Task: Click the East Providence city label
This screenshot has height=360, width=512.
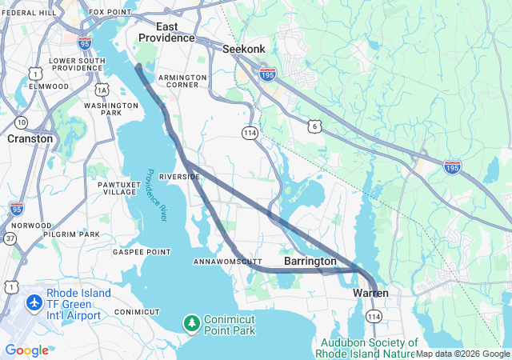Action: coord(166,32)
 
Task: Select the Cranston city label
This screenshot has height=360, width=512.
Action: coord(30,138)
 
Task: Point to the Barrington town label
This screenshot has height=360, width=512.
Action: coord(310,262)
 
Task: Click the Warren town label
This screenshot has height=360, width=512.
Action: coord(371,294)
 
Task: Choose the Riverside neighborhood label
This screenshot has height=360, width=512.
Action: coord(179,176)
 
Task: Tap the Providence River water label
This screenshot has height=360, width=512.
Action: coord(156,196)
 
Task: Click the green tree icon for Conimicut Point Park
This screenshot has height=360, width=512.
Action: coord(191,323)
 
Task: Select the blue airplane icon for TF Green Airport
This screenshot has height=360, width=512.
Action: coord(34,303)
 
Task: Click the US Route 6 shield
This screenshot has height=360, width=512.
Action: coord(315,125)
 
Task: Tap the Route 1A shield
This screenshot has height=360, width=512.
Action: coord(102,90)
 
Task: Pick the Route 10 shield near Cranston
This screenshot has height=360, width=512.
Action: coord(21,122)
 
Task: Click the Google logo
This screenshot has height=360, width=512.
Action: coord(26,350)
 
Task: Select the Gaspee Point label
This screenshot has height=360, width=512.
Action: coord(142,252)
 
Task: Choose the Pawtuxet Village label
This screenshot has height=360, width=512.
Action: coord(119,188)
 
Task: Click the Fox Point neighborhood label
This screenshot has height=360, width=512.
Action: coord(109,12)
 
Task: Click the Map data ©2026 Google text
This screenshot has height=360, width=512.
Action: coord(462,354)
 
